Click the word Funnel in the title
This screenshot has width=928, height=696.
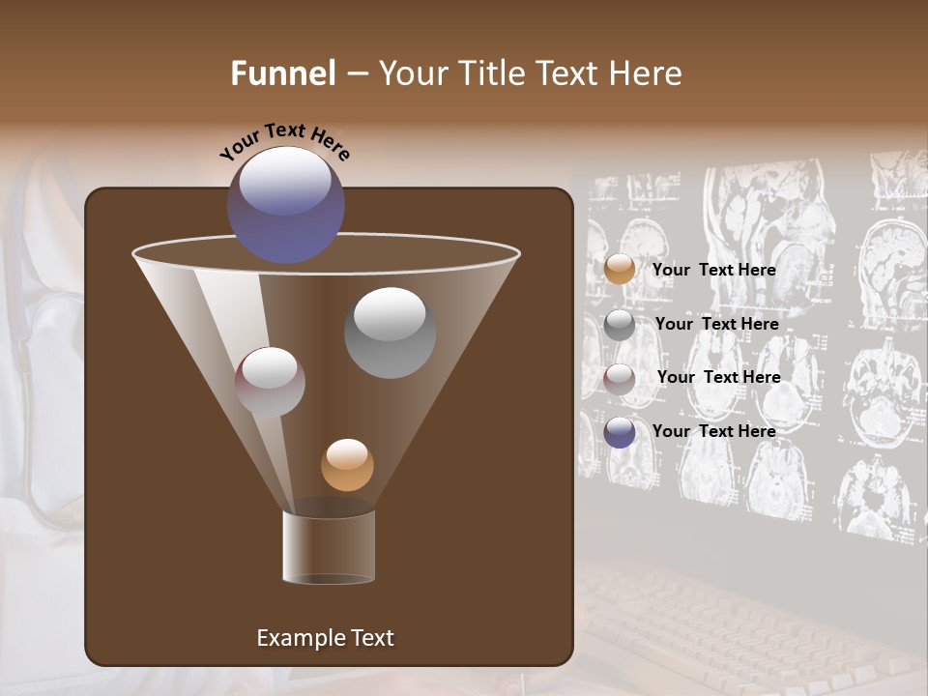[x=283, y=73]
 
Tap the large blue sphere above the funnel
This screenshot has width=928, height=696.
[x=285, y=204]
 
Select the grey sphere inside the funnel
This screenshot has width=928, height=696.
[x=390, y=333]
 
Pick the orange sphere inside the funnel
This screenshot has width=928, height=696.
[x=347, y=465]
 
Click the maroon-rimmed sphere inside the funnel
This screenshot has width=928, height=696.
[x=270, y=382]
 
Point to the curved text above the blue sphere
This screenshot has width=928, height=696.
[x=285, y=142]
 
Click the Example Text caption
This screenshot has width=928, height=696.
[x=325, y=638]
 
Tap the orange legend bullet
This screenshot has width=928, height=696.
[x=620, y=269]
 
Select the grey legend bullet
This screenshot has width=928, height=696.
[x=620, y=325]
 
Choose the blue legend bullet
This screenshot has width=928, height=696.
[x=620, y=432]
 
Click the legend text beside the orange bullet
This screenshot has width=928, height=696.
[x=713, y=271]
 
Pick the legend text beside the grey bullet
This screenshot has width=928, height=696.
[x=716, y=325]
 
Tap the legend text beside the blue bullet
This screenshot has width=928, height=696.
[x=713, y=431]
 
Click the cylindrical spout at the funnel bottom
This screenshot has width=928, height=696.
[x=329, y=547]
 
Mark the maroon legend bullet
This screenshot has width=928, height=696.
[x=620, y=379]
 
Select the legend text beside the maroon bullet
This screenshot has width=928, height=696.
[x=718, y=377]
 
